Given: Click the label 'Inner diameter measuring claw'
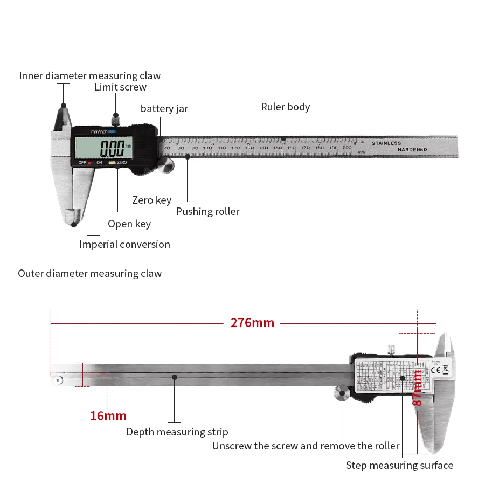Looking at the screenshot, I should click(x=89, y=76).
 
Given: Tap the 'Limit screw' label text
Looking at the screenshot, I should click(x=120, y=87).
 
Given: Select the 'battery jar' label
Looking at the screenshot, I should click(x=164, y=109).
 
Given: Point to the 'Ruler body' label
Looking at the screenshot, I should click(x=285, y=107).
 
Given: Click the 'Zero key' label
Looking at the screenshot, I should click(x=151, y=200).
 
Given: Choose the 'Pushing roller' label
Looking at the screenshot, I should click(x=207, y=211).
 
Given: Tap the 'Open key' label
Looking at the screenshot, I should click(x=129, y=224).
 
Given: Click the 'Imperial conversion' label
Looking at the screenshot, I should click(x=124, y=244).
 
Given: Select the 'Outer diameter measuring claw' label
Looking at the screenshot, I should click(x=89, y=273).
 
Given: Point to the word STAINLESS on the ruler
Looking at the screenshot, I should click(x=386, y=143).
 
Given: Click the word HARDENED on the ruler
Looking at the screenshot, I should click(x=412, y=150).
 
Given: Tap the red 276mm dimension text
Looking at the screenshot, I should click(x=252, y=323).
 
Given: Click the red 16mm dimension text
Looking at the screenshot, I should click(x=108, y=415).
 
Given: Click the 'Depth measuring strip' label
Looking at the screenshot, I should click(x=177, y=432).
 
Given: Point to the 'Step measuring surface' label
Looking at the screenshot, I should click(x=399, y=465).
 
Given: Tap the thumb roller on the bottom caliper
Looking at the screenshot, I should click(x=342, y=394).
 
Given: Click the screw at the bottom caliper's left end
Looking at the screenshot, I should click(x=57, y=380).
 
